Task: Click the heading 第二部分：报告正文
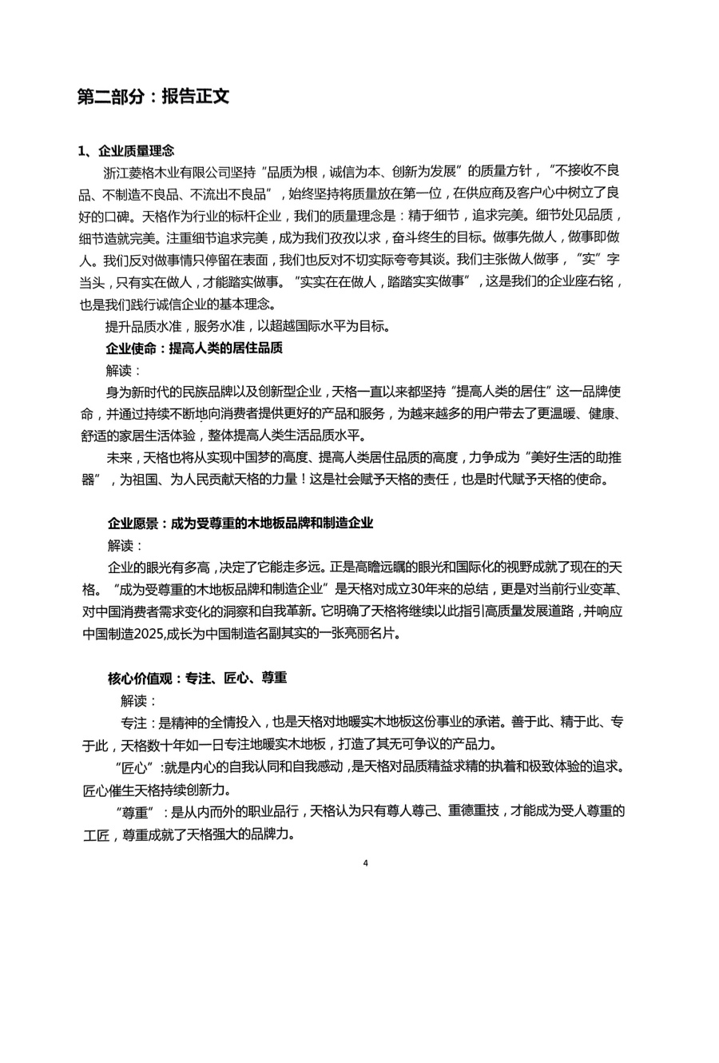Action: (153, 97)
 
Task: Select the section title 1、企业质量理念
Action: (125, 150)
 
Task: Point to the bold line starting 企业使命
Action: (194, 348)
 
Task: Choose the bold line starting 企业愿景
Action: (240, 524)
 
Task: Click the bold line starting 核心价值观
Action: (197, 678)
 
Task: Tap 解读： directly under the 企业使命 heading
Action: (124, 371)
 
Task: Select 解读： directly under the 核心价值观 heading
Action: (140, 700)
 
